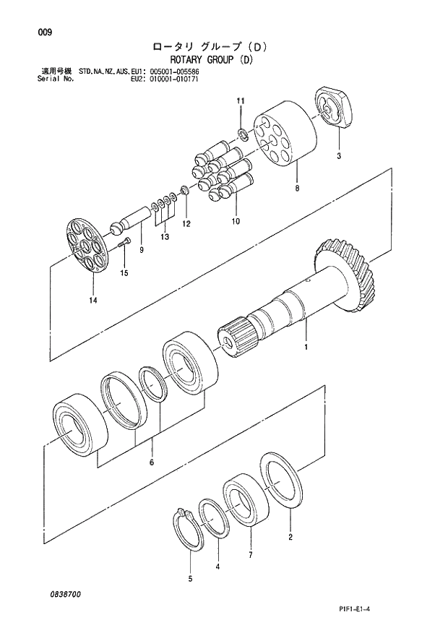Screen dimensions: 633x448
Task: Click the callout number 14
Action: coord(92,298)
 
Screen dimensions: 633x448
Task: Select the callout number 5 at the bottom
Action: coord(191,578)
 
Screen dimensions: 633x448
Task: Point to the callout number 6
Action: coord(152,462)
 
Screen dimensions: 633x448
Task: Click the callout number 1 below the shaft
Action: coord(306,347)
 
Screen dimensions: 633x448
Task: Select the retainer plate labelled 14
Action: coord(87,246)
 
